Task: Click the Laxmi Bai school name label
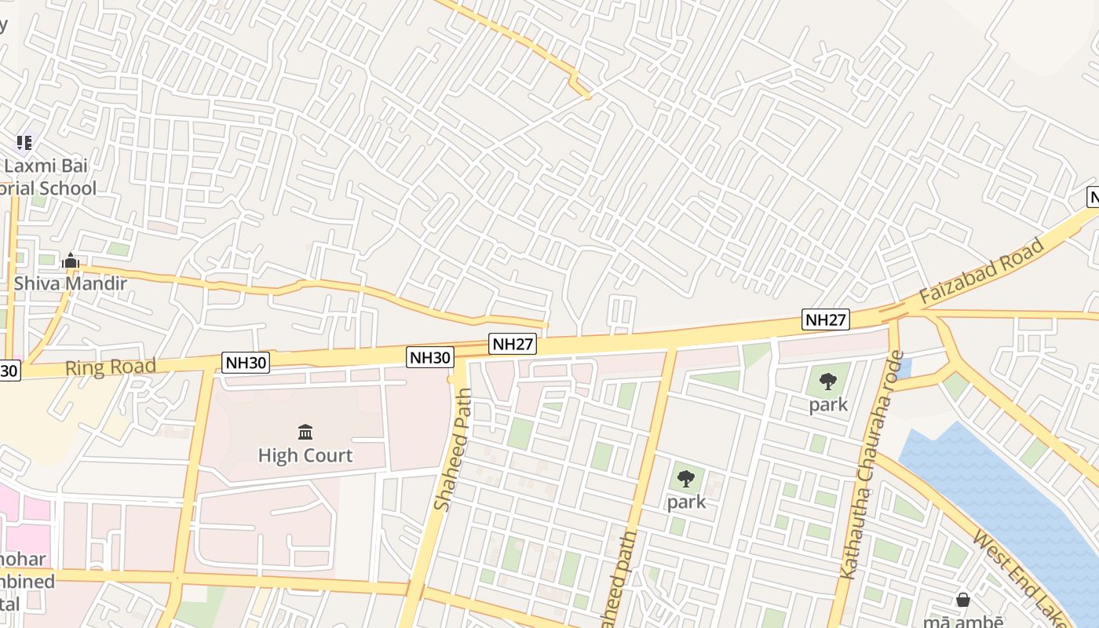click(x=47, y=177)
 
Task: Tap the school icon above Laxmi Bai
click(x=24, y=142)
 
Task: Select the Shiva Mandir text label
click(x=70, y=283)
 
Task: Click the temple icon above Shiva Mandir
click(x=71, y=261)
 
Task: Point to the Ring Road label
click(x=110, y=367)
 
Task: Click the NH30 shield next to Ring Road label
click(x=246, y=362)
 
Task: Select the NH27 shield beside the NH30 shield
click(x=513, y=343)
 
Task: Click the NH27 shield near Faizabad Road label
click(x=826, y=319)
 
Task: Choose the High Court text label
click(x=305, y=455)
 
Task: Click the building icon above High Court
click(x=305, y=432)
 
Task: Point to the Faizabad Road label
click(x=982, y=272)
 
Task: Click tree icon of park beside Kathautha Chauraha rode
click(x=827, y=382)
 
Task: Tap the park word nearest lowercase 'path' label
click(x=687, y=502)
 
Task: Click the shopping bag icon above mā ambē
click(x=963, y=601)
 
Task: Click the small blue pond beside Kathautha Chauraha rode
click(x=904, y=367)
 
